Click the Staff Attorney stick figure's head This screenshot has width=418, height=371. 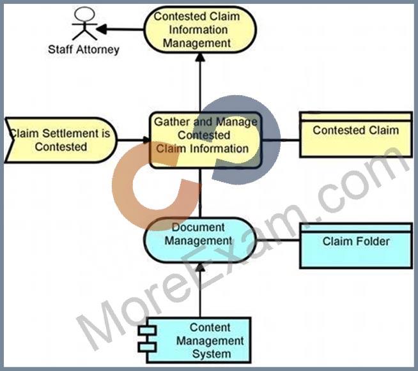pyautogui.click(x=84, y=14)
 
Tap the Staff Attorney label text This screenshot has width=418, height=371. pyautogui.click(x=84, y=50)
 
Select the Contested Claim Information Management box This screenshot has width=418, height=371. pyautogui.click(x=200, y=29)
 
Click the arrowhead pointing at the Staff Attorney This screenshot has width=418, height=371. pyautogui.click(x=101, y=29)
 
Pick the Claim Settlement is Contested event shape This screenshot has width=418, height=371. pyautogui.click(x=61, y=140)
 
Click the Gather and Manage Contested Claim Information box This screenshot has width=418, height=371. pyautogui.click(x=206, y=140)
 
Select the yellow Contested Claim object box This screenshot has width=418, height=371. pyautogui.click(x=356, y=135)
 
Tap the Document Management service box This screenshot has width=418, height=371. pyautogui.click(x=200, y=240)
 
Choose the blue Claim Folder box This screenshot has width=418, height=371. pyautogui.click(x=356, y=246)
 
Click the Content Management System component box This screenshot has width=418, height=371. pyautogui.click(x=199, y=340)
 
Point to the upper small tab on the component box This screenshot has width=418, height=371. pyautogui.click(x=147, y=331)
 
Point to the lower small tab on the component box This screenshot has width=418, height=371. pyautogui.click(x=147, y=347)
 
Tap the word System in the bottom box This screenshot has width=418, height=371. pyautogui.click(x=212, y=354)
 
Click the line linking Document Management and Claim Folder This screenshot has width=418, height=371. pyautogui.click(x=278, y=240)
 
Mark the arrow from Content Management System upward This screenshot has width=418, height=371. pyautogui.click(x=200, y=290)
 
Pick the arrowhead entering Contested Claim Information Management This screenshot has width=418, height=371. pyautogui.click(x=200, y=57)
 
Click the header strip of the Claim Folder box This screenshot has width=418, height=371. pyautogui.click(x=356, y=228)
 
